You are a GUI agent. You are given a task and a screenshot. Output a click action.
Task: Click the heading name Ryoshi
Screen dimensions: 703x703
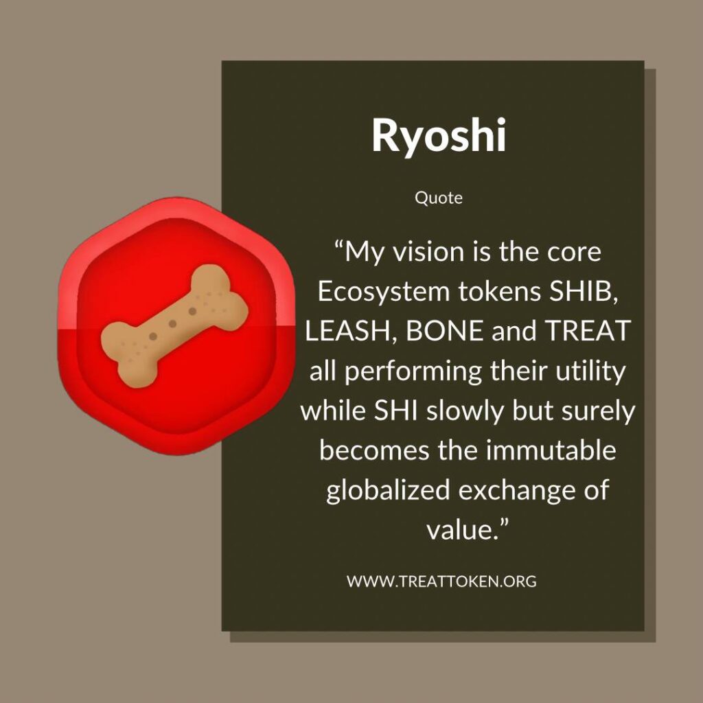439,136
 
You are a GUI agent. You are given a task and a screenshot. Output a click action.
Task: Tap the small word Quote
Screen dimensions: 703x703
439,198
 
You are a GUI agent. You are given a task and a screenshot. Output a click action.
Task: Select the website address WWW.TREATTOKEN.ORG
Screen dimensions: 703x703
441,581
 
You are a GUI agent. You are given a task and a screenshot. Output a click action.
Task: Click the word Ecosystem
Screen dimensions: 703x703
384,292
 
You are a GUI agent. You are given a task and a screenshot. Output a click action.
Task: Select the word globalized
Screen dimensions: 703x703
387,490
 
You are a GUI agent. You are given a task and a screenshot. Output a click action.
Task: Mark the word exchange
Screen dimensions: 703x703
514,490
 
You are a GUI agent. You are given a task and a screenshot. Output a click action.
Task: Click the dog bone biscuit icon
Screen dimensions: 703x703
174,326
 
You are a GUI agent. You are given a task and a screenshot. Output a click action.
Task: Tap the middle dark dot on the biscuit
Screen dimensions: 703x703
172,324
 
